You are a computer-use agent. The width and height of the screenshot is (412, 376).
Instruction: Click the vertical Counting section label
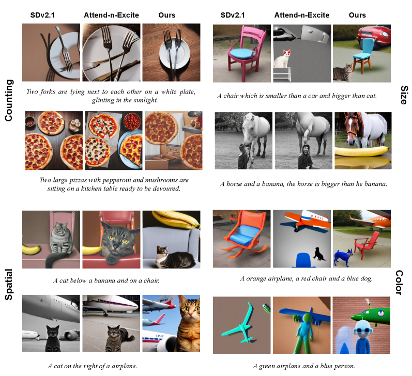pyautogui.click(x=9, y=100)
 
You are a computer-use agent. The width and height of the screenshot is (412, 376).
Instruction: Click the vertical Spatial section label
pyautogui.click(x=9, y=285)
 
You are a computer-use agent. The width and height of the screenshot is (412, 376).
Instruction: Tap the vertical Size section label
pyautogui.click(x=404, y=95)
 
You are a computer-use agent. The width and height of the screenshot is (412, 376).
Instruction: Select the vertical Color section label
pyautogui.click(x=399, y=283)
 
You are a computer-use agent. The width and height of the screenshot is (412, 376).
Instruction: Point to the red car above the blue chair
pyautogui.click(x=374, y=36)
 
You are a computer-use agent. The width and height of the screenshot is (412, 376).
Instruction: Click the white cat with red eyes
pyautogui.click(x=282, y=58)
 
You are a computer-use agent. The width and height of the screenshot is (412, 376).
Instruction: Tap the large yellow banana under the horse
pyautogui.click(x=361, y=151)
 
